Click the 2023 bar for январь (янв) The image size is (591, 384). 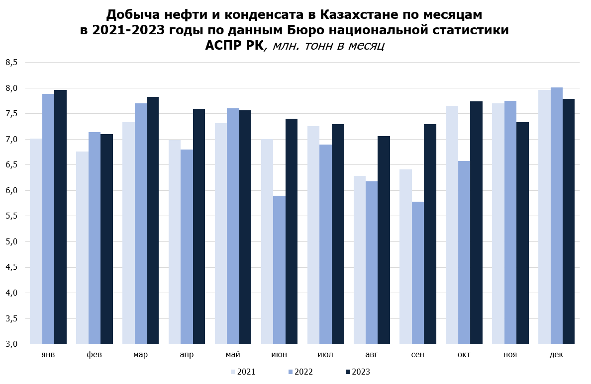(60, 217)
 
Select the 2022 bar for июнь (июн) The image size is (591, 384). (279, 270)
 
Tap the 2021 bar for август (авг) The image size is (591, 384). (360, 260)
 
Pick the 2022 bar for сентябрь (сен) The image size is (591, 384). (418, 273)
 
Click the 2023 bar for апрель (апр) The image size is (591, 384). (199, 226)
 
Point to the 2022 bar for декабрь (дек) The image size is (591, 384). (557, 216)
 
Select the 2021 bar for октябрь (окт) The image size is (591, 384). (452, 225)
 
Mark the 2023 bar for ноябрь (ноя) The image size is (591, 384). (522, 233)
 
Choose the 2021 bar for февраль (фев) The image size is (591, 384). (82, 248)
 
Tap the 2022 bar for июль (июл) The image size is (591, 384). (326, 244)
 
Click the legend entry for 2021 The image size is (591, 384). (243, 372)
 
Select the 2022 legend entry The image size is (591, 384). (300, 372)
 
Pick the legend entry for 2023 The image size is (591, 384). (358, 372)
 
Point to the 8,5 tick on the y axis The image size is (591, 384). (11, 63)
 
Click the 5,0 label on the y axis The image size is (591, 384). (11, 242)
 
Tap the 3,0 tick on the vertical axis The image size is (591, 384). (11, 344)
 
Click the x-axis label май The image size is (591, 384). (233, 355)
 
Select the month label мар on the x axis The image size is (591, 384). (141, 355)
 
